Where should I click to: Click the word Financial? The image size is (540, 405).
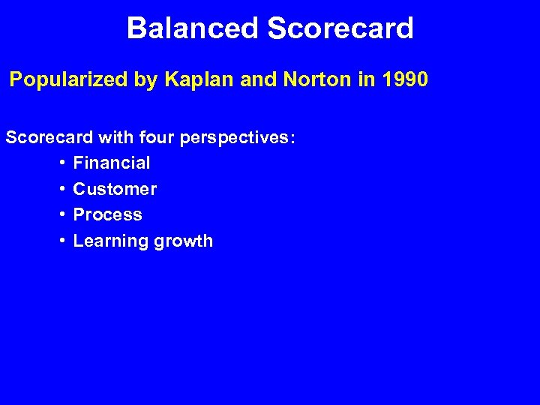[112, 163]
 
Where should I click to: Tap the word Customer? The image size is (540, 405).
[115, 189]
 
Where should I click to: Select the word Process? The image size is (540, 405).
[108, 214]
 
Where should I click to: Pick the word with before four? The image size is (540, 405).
[112, 139]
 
